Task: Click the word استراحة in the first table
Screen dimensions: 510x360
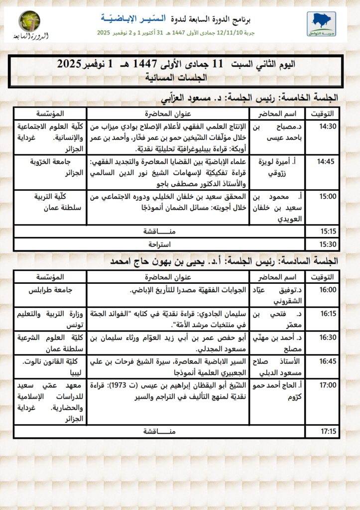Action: pyautogui.click(x=160, y=245)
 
